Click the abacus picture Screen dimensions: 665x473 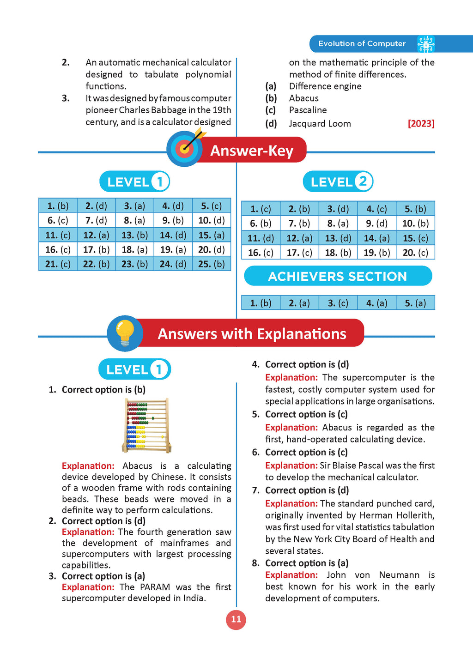coord(147,425)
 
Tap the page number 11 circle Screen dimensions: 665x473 coord(236,620)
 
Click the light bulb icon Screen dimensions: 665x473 coord(125,333)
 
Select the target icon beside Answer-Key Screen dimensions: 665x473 coord(185,149)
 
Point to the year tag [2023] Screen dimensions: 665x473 coord(421,124)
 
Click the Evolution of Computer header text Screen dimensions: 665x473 coord(362,44)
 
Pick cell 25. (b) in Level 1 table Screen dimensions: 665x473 coord(212,264)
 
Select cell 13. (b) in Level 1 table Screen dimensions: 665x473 coord(134,235)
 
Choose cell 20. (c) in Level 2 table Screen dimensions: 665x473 coord(415,253)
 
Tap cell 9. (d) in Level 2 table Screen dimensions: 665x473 coord(376,224)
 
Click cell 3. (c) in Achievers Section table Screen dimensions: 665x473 coord(338,303)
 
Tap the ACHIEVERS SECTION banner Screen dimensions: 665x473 coord(338,276)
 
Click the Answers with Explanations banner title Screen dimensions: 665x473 coord(252,334)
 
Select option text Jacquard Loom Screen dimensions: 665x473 coord(320,124)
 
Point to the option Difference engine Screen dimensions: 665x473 coord(325,86)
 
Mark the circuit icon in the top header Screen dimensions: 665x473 coord(425,44)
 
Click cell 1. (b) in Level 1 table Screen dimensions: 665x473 coord(58,206)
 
